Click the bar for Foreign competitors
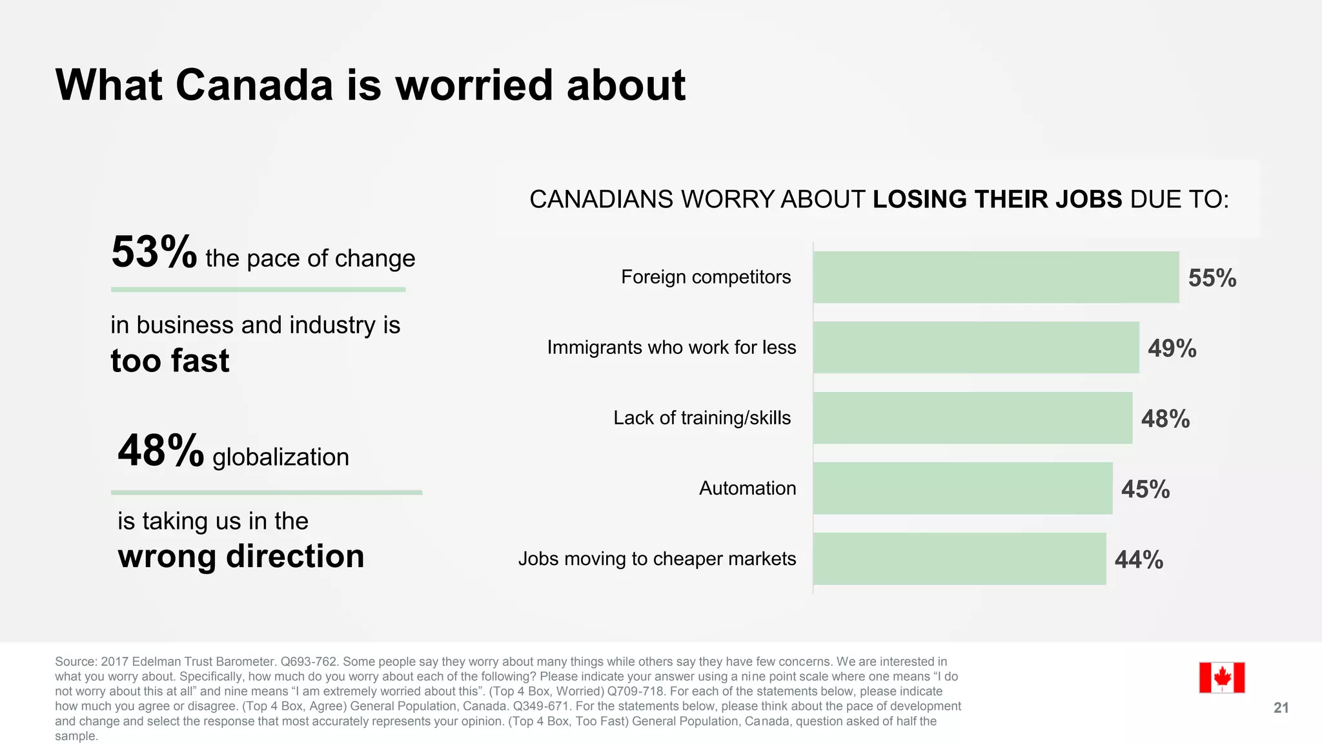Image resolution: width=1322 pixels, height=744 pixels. (x=995, y=277)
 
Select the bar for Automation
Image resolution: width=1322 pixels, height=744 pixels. (x=962, y=488)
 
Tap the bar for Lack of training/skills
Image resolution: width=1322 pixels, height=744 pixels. (x=972, y=418)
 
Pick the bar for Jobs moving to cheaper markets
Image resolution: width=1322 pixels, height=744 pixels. (x=959, y=559)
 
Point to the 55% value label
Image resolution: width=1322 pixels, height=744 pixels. (x=1212, y=278)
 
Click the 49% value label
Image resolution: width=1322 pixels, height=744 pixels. (x=1172, y=349)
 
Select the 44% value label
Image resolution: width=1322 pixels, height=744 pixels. (x=1139, y=560)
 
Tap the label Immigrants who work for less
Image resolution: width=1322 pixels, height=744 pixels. (x=671, y=347)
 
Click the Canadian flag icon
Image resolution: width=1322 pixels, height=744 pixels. (x=1221, y=677)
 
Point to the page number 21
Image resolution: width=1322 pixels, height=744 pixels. (x=1281, y=708)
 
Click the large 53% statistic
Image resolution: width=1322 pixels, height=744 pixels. (x=154, y=253)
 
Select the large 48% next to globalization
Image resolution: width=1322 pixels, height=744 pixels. (x=160, y=451)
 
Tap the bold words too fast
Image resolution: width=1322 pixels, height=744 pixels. (x=170, y=360)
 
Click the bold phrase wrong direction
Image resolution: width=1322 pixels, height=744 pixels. (x=241, y=556)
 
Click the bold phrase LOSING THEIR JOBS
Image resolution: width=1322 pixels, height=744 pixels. (x=997, y=199)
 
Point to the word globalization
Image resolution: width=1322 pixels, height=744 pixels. (x=281, y=457)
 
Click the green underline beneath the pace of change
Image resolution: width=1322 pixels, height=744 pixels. (x=258, y=289)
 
